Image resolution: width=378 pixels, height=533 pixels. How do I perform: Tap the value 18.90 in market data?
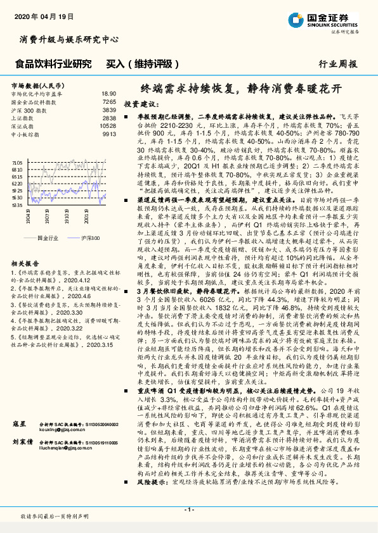click(x=108, y=93)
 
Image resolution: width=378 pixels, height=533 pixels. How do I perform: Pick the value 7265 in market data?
click(x=108, y=101)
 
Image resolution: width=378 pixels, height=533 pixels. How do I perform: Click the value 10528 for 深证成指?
click(x=108, y=126)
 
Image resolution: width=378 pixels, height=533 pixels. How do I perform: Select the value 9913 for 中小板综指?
click(x=108, y=134)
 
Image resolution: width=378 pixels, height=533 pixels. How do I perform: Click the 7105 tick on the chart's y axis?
click(x=18, y=162)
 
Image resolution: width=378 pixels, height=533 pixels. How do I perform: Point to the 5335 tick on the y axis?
click(x=18, y=205)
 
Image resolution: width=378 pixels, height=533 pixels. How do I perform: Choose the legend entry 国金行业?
click(x=48, y=237)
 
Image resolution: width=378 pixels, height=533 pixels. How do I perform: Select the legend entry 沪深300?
click(x=89, y=237)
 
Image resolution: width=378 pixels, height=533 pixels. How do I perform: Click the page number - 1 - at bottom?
click(x=188, y=509)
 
